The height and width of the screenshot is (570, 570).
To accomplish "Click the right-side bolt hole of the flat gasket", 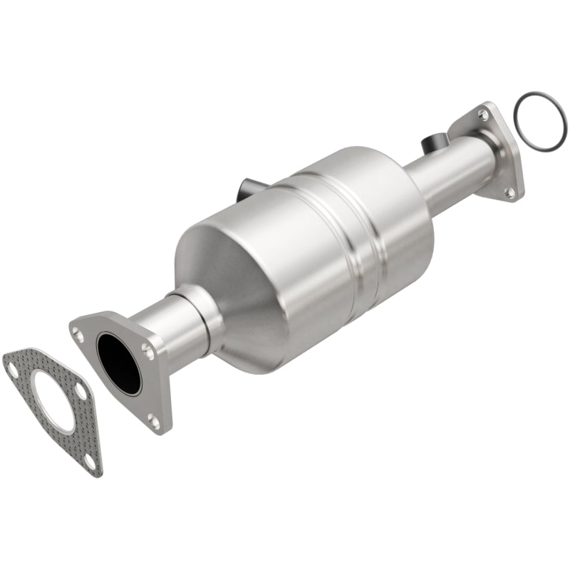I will (x=81, y=392).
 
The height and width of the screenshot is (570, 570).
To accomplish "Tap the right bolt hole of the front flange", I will (x=147, y=349).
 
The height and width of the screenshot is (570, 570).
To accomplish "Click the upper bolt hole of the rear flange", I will (x=484, y=115).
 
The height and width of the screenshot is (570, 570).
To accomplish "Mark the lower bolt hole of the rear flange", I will (x=509, y=190).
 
